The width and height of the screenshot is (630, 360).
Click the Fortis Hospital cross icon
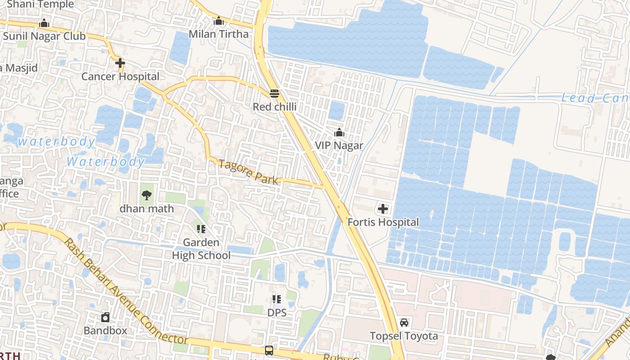tap(383, 209)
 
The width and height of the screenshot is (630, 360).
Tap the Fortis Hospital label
tap(383, 222)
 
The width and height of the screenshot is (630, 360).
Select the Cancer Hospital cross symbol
tap(120, 63)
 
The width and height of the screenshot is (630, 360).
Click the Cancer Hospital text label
tap(120, 76)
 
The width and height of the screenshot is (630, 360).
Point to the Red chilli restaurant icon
tap(274, 94)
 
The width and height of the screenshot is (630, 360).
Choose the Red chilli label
tap(274, 107)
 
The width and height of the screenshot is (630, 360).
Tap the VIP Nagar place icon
tap(339, 132)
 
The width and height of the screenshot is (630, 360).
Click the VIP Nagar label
tap(339, 145)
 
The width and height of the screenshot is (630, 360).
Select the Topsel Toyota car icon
tap(404, 323)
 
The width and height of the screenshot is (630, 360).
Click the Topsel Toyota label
tap(404, 336)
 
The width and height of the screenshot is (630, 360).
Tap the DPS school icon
tap(277, 299)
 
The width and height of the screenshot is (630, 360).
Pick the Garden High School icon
tap(201, 229)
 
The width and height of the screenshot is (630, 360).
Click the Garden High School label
tap(201, 249)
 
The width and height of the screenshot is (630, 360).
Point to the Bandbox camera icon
tap(105, 317)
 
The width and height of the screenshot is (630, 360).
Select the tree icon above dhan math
tap(146, 195)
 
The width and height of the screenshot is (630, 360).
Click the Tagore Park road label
tap(248, 171)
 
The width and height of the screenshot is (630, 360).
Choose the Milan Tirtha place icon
tap(219, 21)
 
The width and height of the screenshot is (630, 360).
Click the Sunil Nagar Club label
tap(44, 36)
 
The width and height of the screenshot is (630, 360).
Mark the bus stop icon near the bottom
tap(269, 350)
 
